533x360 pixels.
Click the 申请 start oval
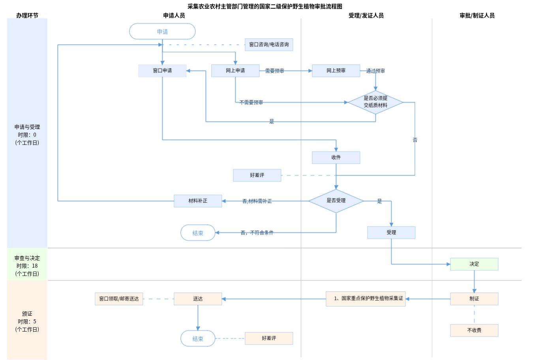pos(162,32)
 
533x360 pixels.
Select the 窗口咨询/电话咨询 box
pos(268,45)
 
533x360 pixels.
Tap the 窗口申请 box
pos(162,71)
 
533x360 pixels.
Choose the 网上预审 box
pos(336,71)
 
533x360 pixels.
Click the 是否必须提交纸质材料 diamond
pos(375,102)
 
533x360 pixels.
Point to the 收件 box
pos(336,157)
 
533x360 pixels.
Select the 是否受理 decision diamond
pos(336,201)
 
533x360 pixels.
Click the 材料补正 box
pos(198,201)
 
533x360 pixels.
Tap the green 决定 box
pos(474,264)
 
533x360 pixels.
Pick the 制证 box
pos(474,299)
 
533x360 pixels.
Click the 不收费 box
pos(474,330)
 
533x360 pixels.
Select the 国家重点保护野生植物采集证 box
pos(366,299)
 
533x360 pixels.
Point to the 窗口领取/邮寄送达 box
pos(119,299)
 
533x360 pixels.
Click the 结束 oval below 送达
pos(198,339)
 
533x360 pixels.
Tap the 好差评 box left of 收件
pos(257,175)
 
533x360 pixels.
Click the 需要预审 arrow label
pos(274,71)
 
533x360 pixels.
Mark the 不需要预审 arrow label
pos(251,103)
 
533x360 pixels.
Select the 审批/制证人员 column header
pos(477,15)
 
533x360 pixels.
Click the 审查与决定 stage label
pos(27,258)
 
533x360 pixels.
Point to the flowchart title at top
pos(265,6)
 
